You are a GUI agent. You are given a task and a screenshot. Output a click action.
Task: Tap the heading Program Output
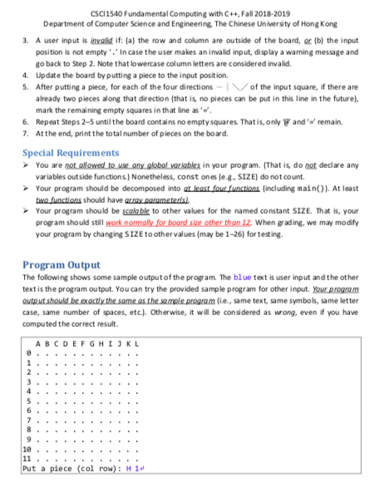pos(62,265)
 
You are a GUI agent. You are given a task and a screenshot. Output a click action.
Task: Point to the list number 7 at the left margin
pos(26,136)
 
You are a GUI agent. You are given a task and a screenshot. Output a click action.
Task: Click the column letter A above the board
pos(38,343)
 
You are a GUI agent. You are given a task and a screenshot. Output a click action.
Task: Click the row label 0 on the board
pos(27,353)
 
